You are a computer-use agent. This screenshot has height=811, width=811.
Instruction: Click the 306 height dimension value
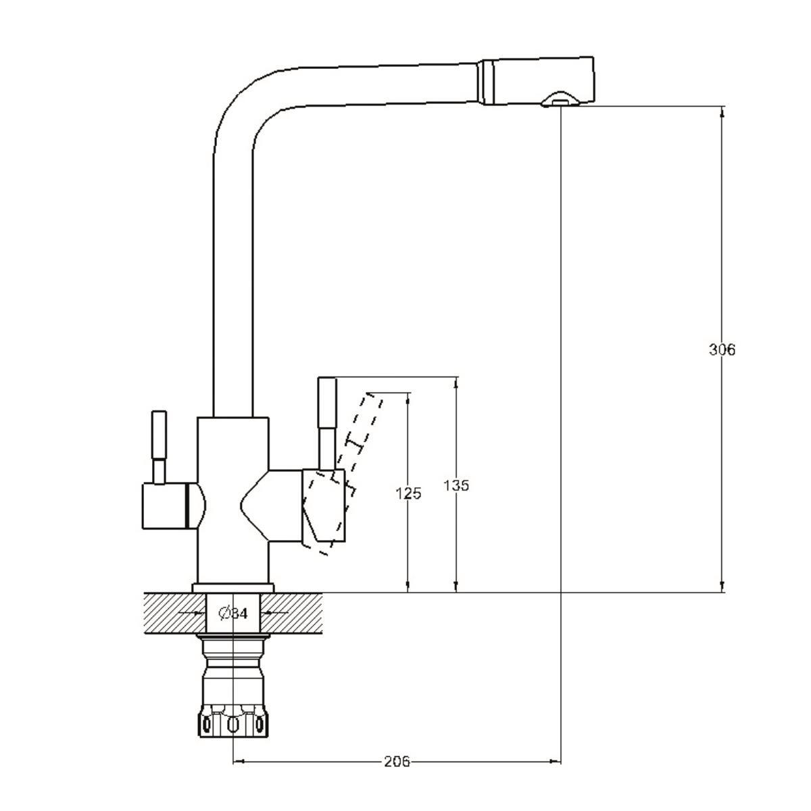[x=721, y=349]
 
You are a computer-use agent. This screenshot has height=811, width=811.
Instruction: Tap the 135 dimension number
[x=456, y=485]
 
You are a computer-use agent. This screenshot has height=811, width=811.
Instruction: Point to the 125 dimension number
[x=408, y=493]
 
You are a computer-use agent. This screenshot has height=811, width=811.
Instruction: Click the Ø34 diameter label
[x=233, y=614]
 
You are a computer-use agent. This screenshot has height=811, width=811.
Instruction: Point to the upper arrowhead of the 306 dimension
[x=721, y=112]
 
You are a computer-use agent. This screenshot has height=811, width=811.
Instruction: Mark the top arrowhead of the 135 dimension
[x=456, y=382]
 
